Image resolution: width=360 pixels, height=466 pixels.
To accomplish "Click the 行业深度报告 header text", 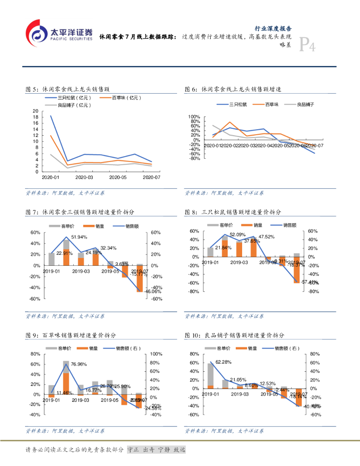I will (x=272, y=28).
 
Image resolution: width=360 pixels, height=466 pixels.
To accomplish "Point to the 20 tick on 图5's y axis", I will (x=36, y=111).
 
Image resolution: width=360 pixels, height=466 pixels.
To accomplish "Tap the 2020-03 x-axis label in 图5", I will (x=84, y=177).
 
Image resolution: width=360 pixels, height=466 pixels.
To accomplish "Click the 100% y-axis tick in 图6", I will (x=194, y=117).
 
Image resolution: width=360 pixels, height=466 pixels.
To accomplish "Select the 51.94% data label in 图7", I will (x=79, y=237).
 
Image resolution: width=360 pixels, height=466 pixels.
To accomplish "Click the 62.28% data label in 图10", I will (x=223, y=362).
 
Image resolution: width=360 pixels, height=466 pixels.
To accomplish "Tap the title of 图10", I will (x=235, y=335).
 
